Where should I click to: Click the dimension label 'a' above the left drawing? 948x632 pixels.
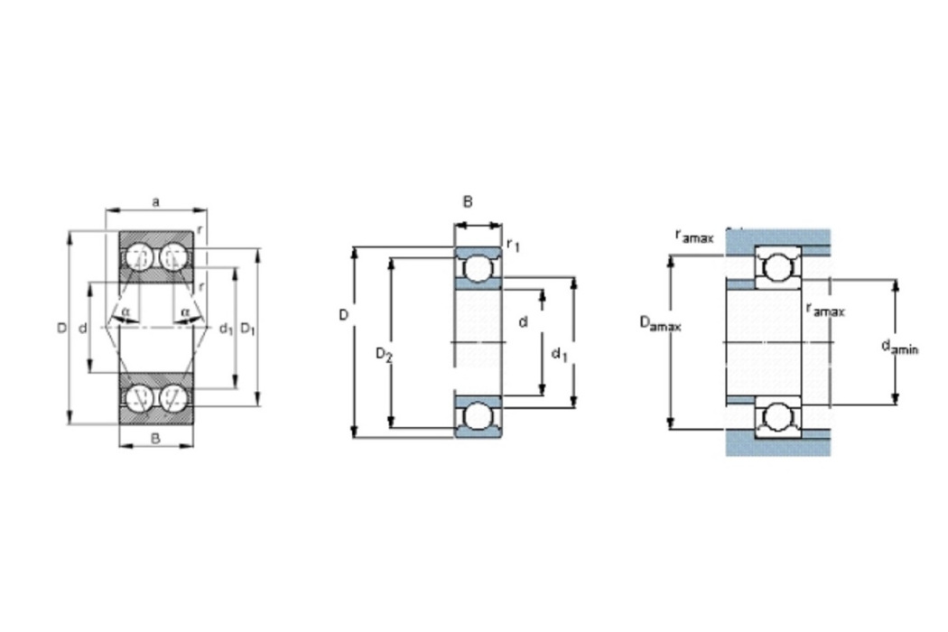(x=156, y=201)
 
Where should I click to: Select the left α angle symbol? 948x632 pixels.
(x=125, y=311)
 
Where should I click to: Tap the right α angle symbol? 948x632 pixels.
(x=185, y=311)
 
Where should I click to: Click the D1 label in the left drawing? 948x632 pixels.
(x=248, y=329)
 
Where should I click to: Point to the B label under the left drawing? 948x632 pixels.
(x=155, y=439)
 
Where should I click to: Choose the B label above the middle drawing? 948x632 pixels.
(x=468, y=202)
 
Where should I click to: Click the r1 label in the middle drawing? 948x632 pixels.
(x=513, y=245)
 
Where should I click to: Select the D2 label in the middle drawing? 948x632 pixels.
(x=384, y=354)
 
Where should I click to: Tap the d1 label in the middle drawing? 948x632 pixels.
(x=559, y=354)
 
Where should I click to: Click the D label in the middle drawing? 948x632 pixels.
(x=344, y=315)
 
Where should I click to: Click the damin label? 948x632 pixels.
(x=899, y=347)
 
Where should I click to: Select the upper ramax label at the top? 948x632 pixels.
(x=694, y=236)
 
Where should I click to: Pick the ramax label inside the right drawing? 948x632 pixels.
(x=826, y=310)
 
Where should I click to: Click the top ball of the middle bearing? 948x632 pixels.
(x=478, y=268)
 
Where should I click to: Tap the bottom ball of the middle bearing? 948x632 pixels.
(x=478, y=417)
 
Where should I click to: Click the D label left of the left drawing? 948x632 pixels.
(x=61, y=329)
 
